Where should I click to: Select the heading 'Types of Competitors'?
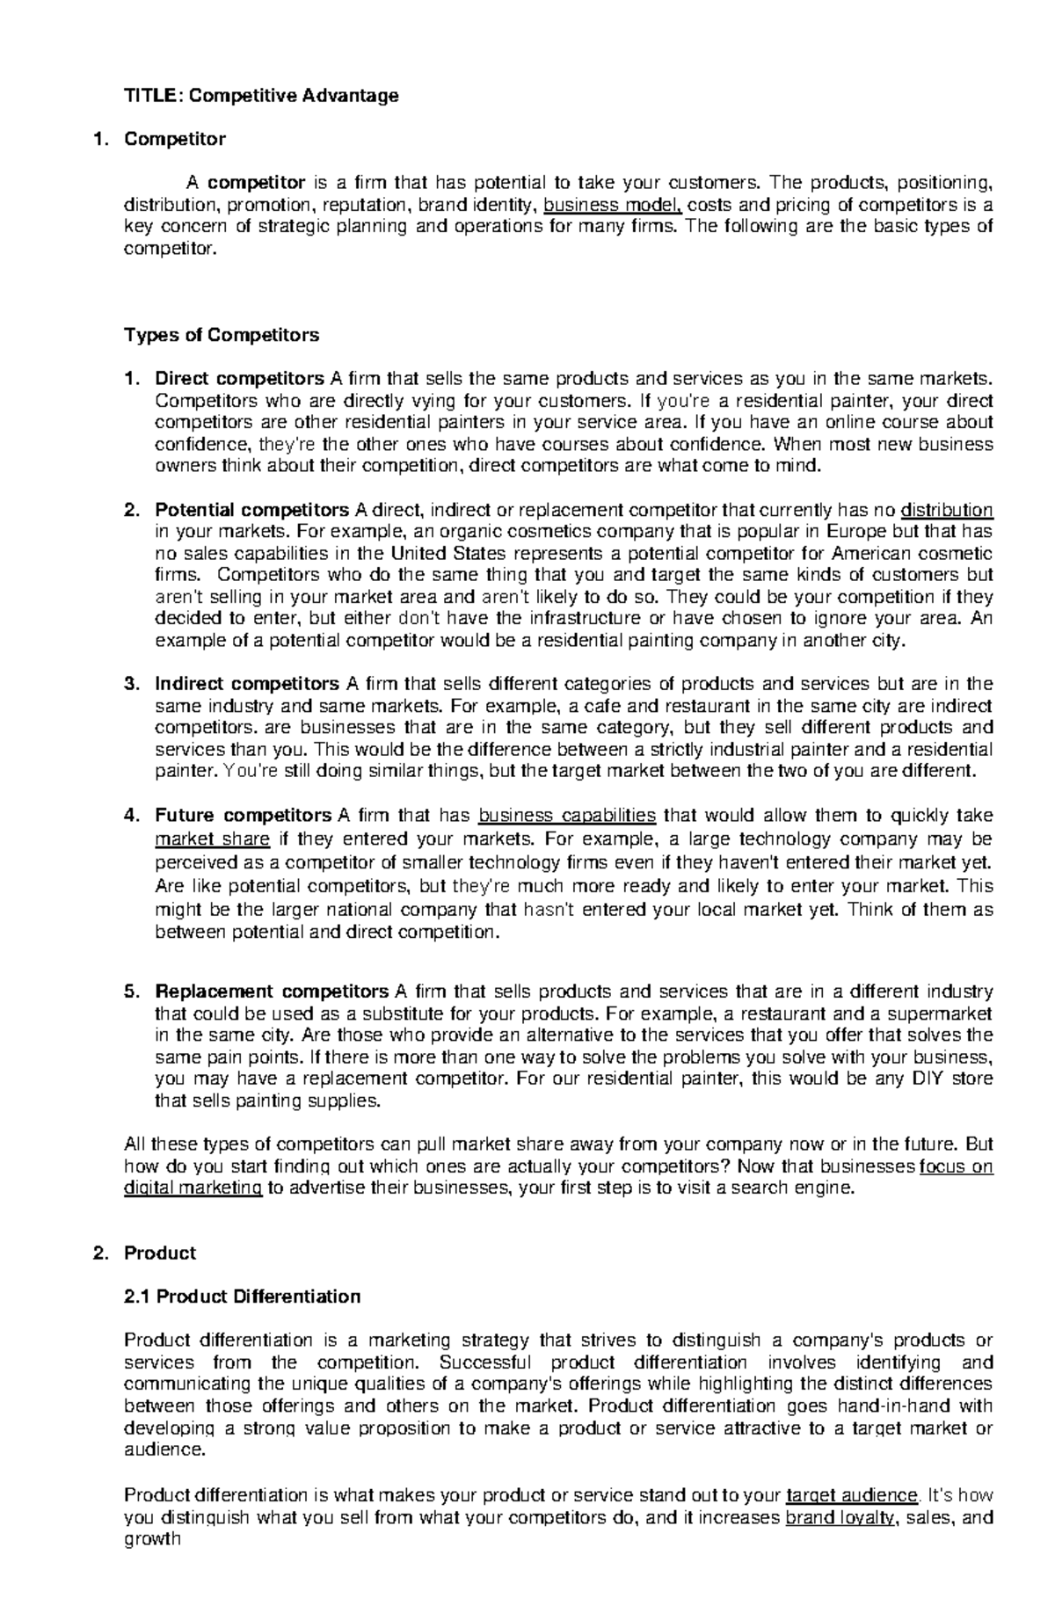point(222,335)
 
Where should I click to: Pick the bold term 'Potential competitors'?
point(251,510)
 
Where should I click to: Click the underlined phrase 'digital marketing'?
point(193,1188)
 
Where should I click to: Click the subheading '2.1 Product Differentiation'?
point(243,1297)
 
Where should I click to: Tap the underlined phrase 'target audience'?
point(851,1495)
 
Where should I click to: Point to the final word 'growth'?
point(152,1538)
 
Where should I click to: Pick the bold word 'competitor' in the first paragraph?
point(256,183)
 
